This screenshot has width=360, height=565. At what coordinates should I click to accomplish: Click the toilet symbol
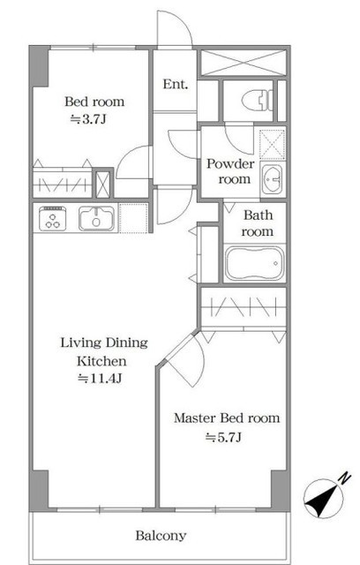pyautogui.click(x=257, y=100)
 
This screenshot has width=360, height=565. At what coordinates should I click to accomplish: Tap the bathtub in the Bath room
pyautogui.click(x=255, y=263)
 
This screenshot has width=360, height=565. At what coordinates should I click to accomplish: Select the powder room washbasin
pyautogui.click(x=273, y=179)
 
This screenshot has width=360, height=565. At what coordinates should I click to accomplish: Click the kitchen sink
pyautogui.click(x=96, y=218)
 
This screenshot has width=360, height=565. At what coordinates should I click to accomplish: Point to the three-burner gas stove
pyautogui.click(x=53, y=218)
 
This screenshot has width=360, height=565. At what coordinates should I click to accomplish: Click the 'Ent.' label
pyautogui.click(x=176, y=85)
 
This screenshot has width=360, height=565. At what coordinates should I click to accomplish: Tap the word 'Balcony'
pyautogui.click(x=161, y=536)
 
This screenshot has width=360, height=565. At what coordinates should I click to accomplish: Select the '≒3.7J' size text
pyautogui.click(x=88, y=119)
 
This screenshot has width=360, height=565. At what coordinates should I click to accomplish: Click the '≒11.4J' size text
pyautogui.click(x=100, y=379)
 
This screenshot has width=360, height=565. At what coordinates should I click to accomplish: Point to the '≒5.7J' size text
pyautogui.click(x=223, y=437)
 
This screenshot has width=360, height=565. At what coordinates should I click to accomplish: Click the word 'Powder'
pyautogui.click(x=230, y=164)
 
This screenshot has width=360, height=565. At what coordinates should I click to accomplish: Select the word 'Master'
pyautogui.click(x=195, y=418)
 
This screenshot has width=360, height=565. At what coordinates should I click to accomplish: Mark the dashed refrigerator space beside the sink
pyautogui.click(x=133, y=218)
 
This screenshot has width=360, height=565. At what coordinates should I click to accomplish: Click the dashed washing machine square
pyautogui.click(x=273, y=144)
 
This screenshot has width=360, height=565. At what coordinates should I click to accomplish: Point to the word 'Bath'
pyautogui.click(x=259, y=215)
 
